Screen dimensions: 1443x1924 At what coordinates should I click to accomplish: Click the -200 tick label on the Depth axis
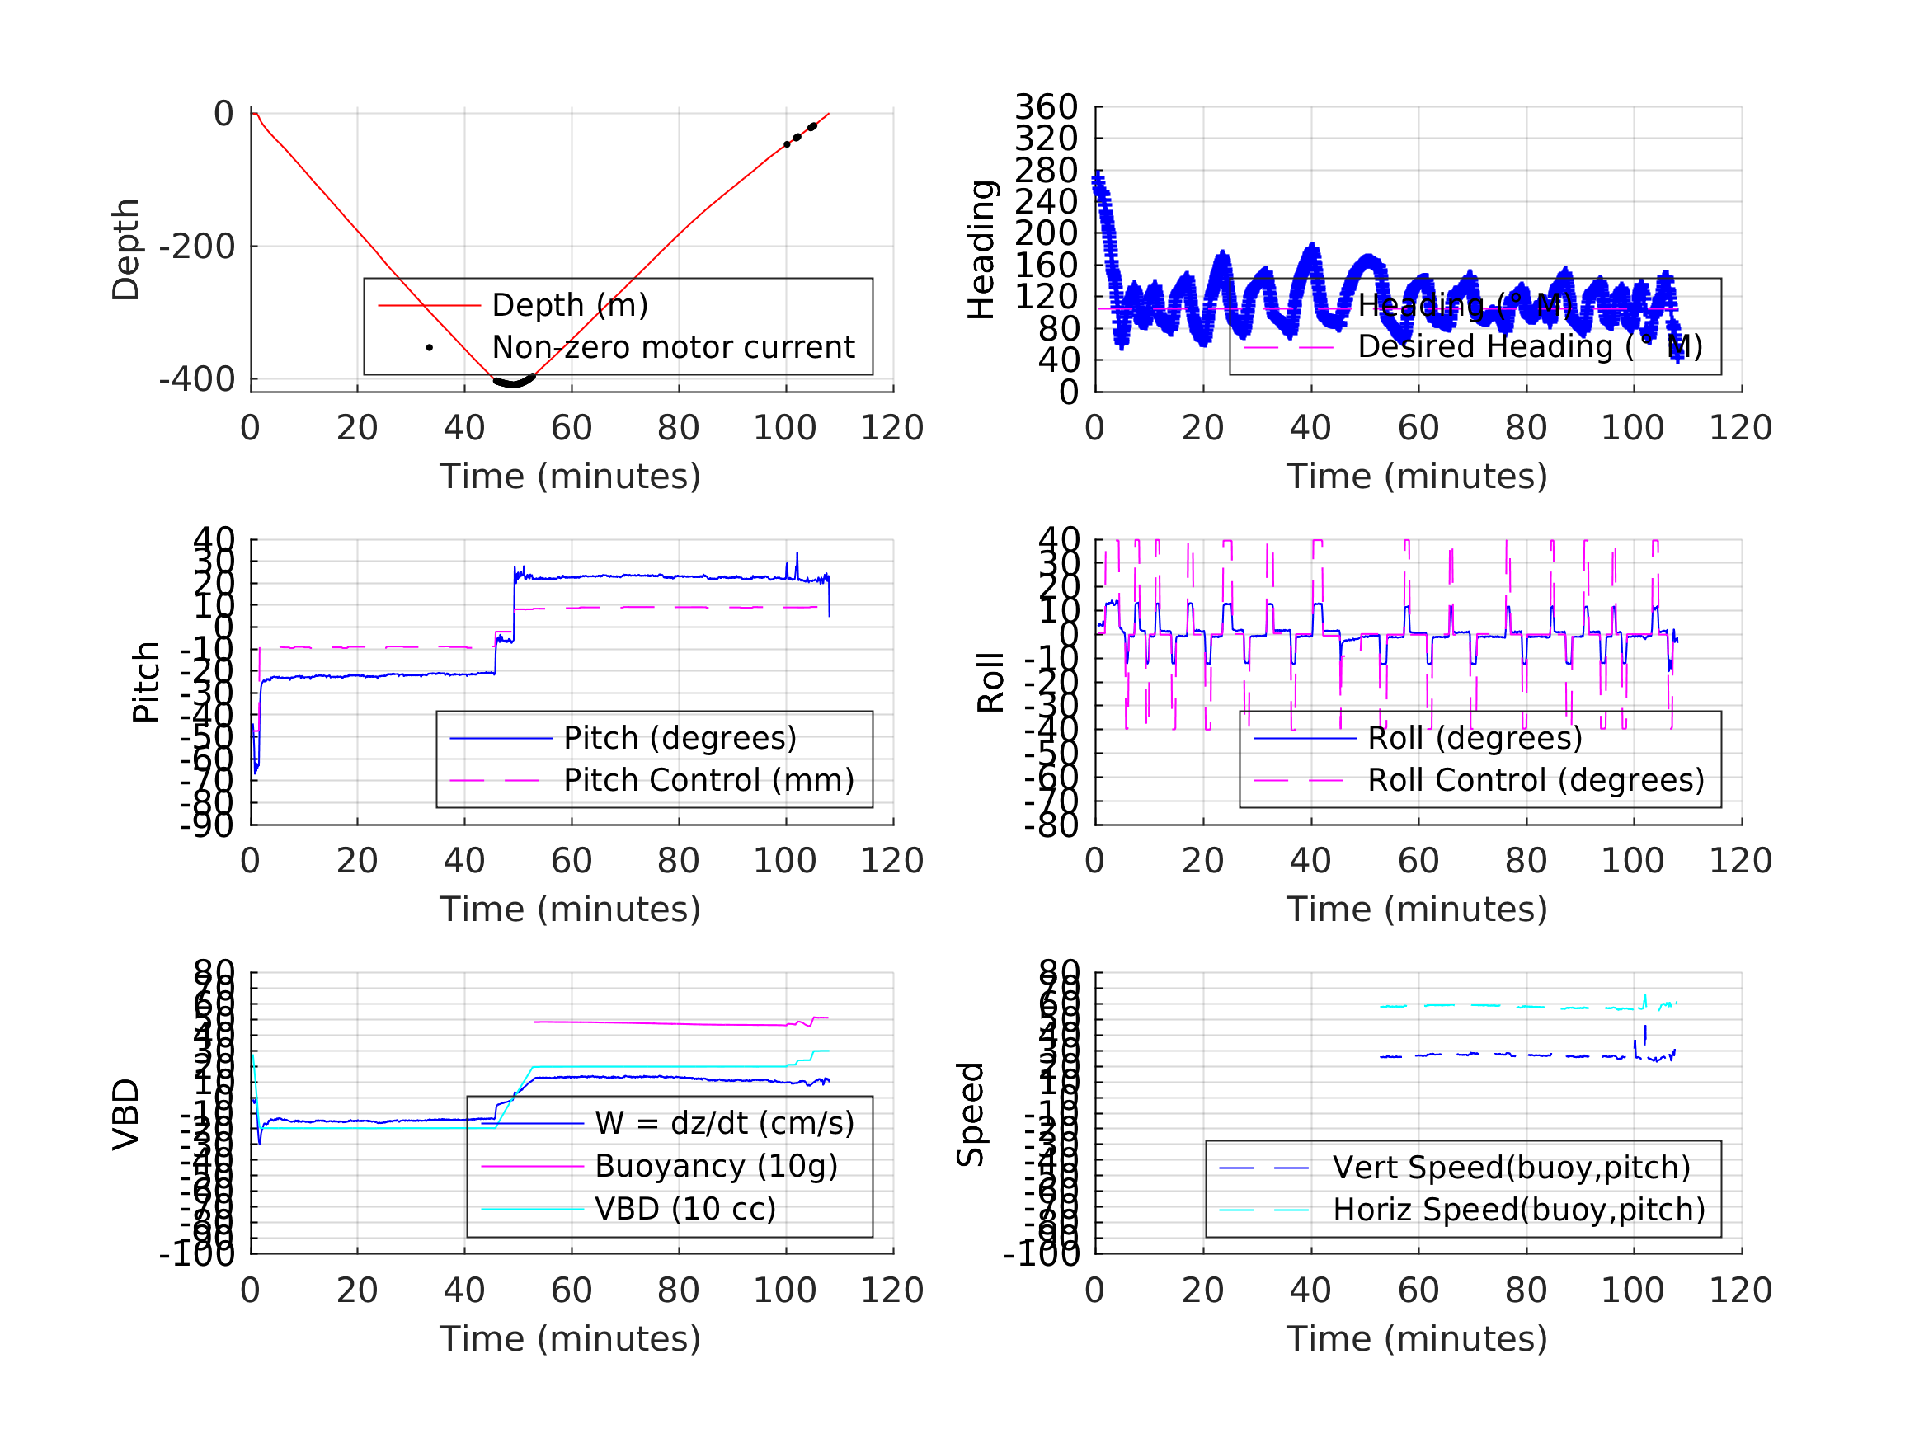pos(196,247)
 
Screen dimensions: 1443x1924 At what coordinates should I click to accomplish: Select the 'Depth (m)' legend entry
pos(570,305)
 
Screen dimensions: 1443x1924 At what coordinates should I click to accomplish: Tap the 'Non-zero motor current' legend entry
pos(672,347)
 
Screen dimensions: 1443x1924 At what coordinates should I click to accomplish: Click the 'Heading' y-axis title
pos(981,250)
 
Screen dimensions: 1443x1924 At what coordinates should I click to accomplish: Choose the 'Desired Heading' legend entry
pos(1529,346)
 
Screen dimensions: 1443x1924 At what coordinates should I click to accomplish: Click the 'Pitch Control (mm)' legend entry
pos(708,780)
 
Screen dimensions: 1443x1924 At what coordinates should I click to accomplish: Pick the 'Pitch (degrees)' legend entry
pos(680,738)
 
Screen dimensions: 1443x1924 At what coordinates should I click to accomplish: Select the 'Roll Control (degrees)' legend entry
pos(1536,780)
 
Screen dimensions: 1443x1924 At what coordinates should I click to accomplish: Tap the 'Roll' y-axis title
pos(990,683)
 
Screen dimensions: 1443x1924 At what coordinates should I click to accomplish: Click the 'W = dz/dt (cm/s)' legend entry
pos(724,1123)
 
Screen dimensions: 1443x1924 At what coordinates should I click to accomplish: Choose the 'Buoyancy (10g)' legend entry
pos(715,1166)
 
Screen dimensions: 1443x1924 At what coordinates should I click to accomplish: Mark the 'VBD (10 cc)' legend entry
pos(684,1208)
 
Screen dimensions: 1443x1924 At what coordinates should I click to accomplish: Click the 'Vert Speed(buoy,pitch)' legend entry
pos(1511,1168)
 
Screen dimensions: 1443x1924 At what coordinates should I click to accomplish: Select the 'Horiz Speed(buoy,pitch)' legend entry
pos(1519,1210)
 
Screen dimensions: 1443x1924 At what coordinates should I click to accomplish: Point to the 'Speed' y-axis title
pos(970,1113)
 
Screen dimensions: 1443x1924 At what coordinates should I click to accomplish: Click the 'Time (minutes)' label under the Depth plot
pos(570,477)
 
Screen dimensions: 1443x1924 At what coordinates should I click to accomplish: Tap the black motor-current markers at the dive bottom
pos(514,382)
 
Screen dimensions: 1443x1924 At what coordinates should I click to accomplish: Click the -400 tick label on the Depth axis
pos(196,379)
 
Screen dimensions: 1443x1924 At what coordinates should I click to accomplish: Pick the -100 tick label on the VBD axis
pos(196,1253)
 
